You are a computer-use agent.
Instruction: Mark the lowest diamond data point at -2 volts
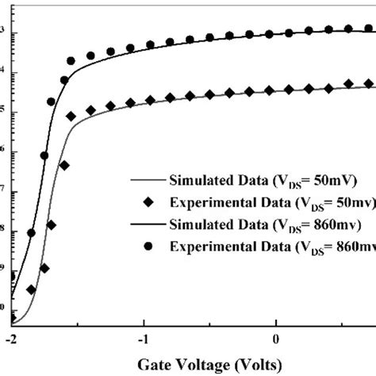coord(12,318)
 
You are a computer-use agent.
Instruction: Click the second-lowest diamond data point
coord(31,290)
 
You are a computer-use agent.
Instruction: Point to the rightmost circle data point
coord(369,29)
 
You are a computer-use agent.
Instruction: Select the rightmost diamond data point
coord(369,83)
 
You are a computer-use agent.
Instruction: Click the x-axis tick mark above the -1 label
coord(144,322)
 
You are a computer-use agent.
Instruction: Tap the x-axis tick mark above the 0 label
coord(275,322)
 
